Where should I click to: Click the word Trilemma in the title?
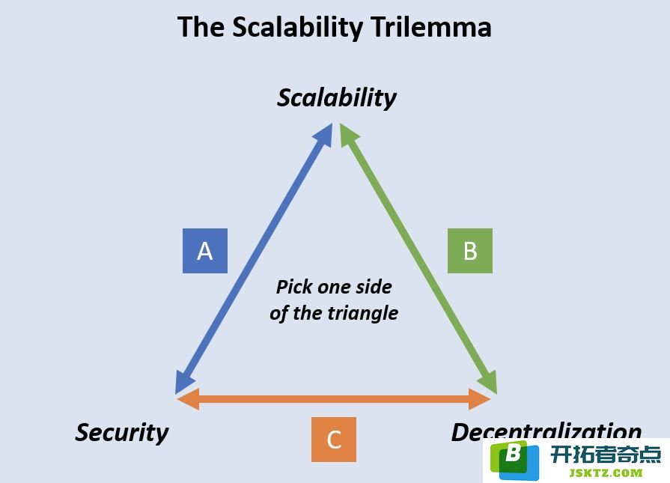coord(430,26)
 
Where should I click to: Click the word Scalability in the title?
coord(297,28)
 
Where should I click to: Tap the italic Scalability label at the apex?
coord(337,98)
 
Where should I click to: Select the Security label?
coord(122,433)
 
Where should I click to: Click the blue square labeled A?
coord(205,251)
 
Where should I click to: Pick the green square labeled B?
coord(470,251)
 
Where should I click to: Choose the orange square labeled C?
coord(334,440)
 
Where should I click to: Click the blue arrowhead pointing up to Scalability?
coord(324,134)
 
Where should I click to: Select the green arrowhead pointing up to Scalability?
coord(348,134)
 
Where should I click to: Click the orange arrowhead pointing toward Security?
coord(189,399)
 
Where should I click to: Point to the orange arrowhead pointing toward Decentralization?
coord(479,399)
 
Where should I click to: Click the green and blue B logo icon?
coord(515,461)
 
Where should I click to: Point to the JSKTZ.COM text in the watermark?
coord(606,473)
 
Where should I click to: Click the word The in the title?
coord(201,27)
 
